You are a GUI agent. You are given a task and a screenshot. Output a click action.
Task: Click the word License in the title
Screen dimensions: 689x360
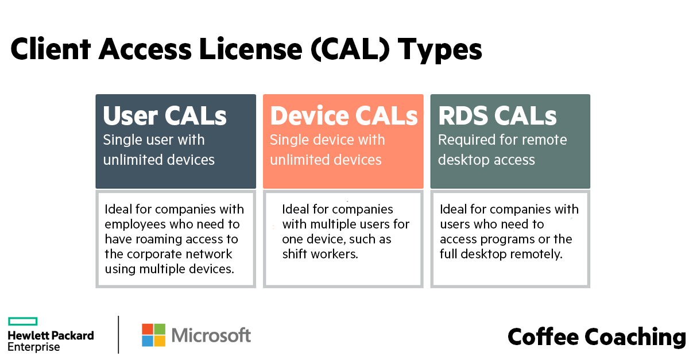[x=251, y=49]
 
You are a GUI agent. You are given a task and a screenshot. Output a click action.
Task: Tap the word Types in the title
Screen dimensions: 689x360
[x=440, y=51]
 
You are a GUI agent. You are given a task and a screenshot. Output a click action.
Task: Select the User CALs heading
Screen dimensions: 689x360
[x=165, y=115]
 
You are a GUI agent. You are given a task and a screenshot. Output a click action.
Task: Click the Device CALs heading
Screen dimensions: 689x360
[x=344, y=115]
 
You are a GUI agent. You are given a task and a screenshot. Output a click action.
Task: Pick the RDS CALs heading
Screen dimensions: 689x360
[x=497, y=115]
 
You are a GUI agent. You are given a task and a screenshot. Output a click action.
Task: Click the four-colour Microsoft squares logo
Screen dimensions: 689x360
[x=153, y=335]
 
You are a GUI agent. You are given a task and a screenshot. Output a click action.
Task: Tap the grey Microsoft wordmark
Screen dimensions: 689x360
[x=211, y=335]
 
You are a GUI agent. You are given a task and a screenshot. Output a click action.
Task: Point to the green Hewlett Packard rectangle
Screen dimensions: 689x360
[x=23, y=321]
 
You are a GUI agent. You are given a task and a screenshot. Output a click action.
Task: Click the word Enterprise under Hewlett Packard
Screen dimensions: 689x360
[x=34, y=347]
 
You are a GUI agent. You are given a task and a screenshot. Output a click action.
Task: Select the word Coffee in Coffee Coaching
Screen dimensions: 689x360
[x=543, y=336]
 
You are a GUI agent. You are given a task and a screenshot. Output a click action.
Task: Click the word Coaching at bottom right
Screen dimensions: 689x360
[x=635, y=338]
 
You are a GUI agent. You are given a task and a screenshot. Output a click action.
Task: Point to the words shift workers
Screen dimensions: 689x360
[x=320, y=254]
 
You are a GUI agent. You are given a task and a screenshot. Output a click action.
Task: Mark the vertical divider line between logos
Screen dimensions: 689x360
[x=118, y=335]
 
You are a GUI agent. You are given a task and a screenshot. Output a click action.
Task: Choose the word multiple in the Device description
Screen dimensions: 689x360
[x=332, y=224]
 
